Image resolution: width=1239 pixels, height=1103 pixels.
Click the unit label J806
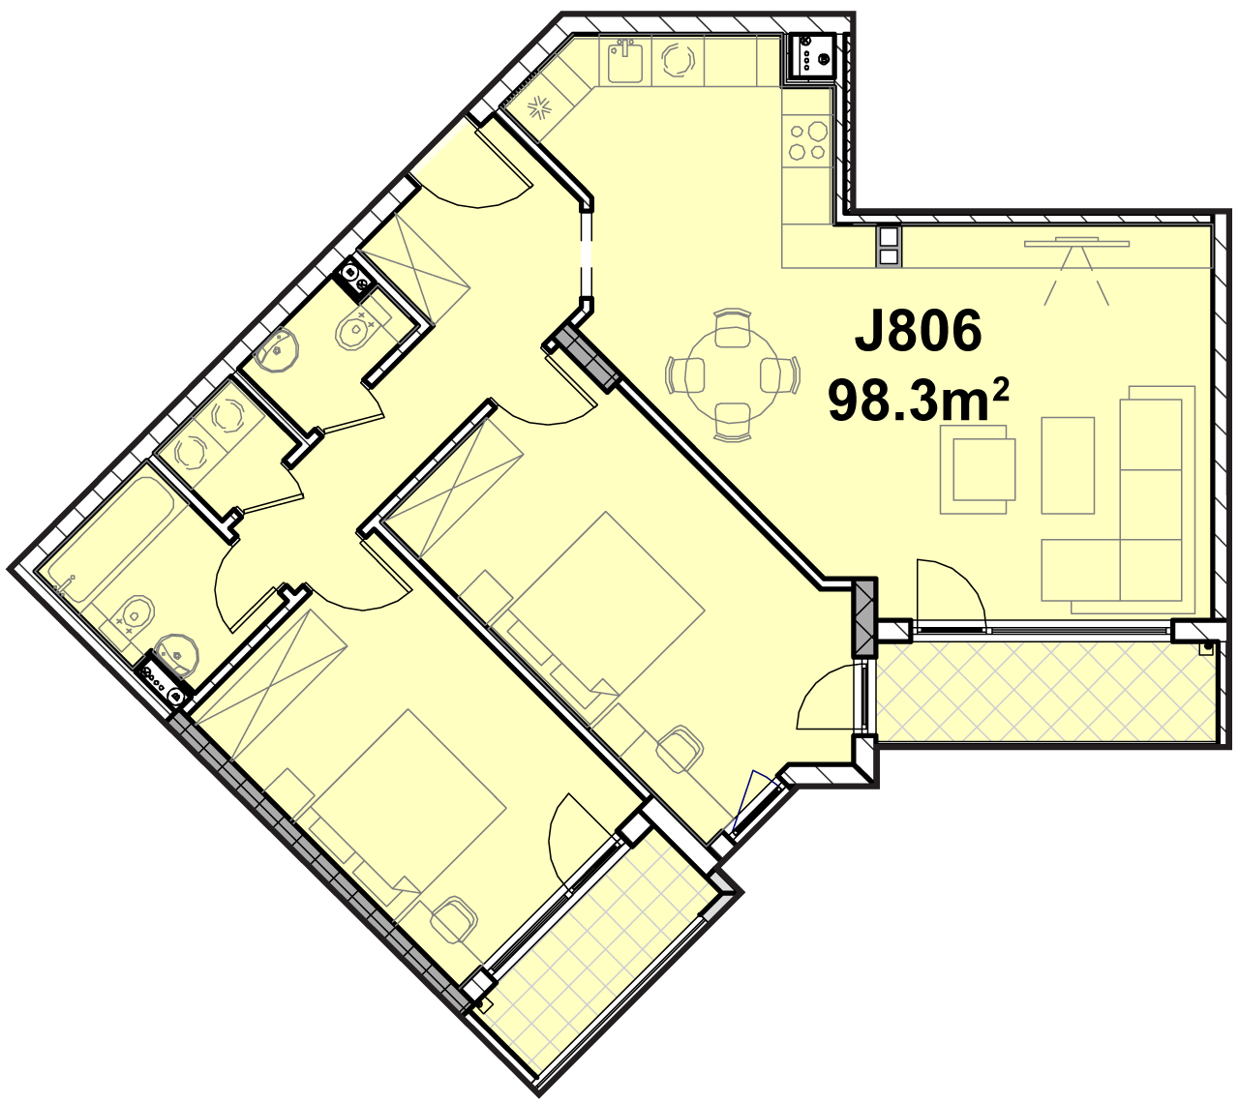(x=918, y=331)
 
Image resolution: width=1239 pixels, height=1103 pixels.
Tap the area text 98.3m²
(x=918, y=400)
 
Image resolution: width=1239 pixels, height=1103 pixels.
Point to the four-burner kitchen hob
(x=807, y=141)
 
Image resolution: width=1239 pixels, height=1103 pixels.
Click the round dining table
(x=733, y=374)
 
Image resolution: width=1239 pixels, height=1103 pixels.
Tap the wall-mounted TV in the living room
(x=1077, y=244)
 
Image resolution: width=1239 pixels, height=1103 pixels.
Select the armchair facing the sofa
(x=978, y=469)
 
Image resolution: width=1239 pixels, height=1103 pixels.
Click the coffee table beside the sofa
(x=1068, y=465)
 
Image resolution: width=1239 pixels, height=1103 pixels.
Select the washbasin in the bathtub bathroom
(x=176, y=655)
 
